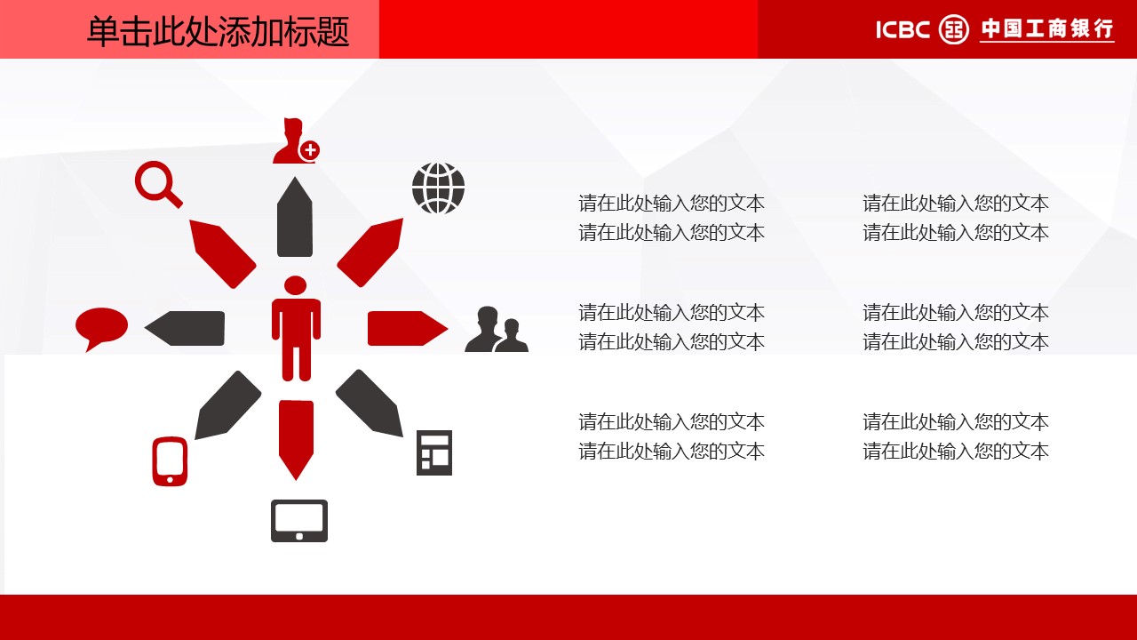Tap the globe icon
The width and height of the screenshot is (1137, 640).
click(x=439, y=188)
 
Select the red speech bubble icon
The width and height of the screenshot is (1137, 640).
click(x=101, y=326)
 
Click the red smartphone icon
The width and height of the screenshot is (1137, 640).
click(x=170, y=461)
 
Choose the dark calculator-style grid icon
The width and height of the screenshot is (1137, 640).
click(x=434, y=452)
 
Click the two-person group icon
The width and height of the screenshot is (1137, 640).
click(x=497, y=329)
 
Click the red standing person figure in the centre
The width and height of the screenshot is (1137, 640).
click(x=296, y=329)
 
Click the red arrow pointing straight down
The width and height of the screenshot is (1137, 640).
click(x=296, y=439)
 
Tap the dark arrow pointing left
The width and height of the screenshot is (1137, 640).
click(x=185, y=328)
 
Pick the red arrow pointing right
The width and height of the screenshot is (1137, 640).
click(x=408, y=328)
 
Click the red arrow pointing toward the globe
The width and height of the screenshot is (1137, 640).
click(x=370, y=252)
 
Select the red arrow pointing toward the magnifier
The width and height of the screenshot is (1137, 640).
click(x=222, y=253)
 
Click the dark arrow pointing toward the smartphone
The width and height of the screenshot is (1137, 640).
click(x=228, y=404)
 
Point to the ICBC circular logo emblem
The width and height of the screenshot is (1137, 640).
click(x=954, y=29)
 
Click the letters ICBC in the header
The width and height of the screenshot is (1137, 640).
click(x=902, y=30)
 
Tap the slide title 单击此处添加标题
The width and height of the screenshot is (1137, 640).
click(x=219, y=31)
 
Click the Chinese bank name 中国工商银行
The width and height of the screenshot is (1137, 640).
click(x=1047, y=29)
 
